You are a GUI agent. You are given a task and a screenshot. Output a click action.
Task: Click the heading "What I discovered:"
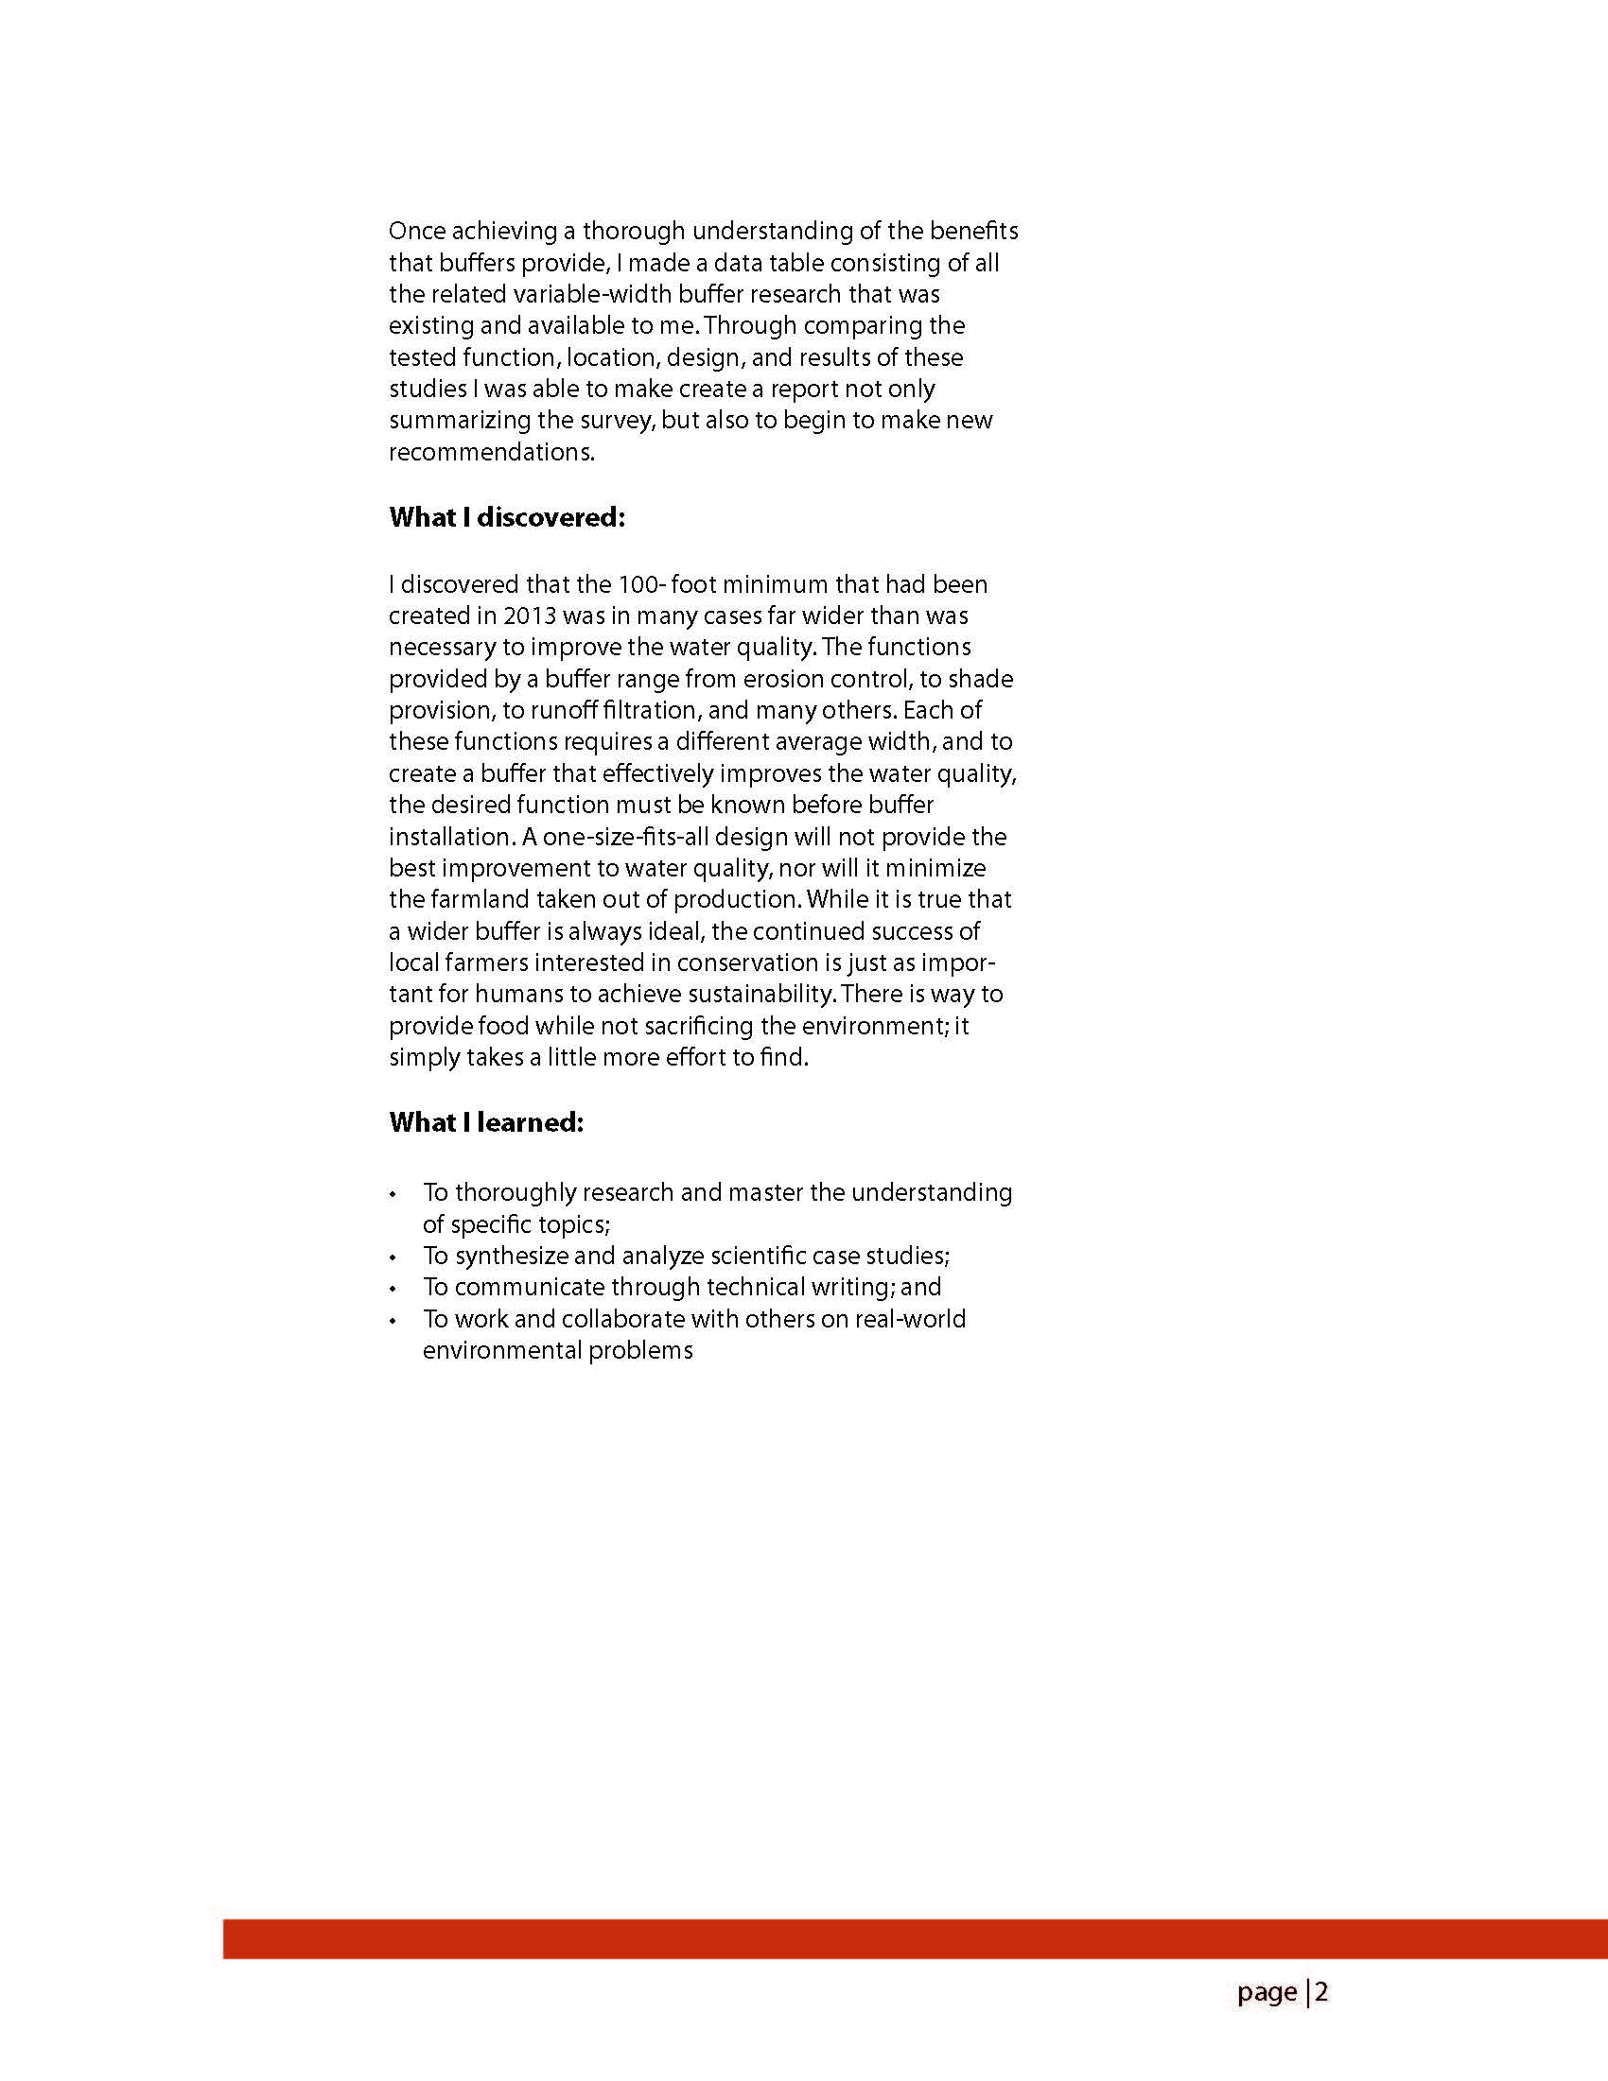[x=506, y=517]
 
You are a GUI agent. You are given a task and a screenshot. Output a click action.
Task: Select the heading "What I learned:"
[x=486, y=1122]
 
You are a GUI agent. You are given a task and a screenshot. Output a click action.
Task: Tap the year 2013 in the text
[x=529, y=616]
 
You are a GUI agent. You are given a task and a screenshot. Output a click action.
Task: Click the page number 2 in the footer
[x=1321, y=1991]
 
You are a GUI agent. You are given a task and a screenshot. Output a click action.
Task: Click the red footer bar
[x=915, y=1939]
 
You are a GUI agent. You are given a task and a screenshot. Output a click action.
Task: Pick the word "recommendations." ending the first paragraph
[x=491, y=453]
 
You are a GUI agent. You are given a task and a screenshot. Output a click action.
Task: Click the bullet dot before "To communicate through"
[x=393, y=1290]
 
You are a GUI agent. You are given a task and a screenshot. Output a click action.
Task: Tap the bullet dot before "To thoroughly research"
[x=393, y=1195]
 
